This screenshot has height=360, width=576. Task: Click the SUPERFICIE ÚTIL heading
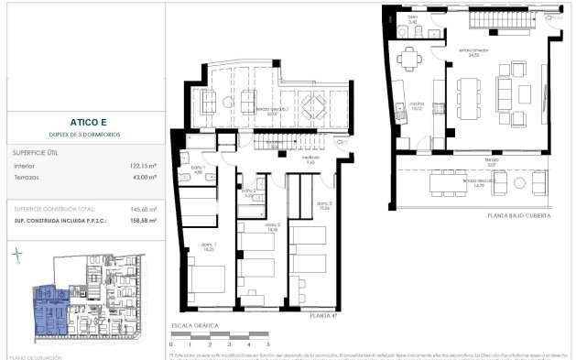tap(36, 152)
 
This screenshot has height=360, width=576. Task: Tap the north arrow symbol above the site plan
tap(18, 257)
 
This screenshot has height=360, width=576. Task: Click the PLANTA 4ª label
tap(323, 315)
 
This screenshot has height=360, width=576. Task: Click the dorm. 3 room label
tap(323, 203)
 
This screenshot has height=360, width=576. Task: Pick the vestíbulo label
tap(311, 158)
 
